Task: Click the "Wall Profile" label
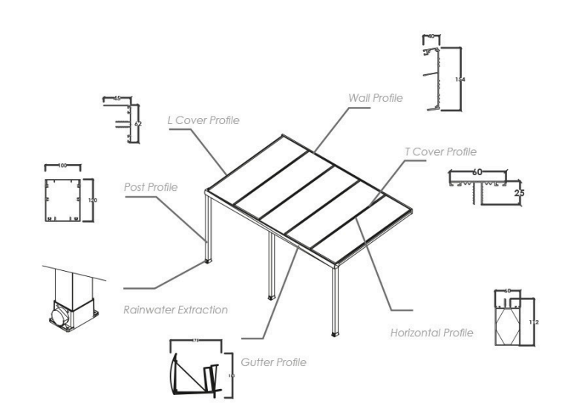tap(376, 97)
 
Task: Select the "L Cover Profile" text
tap(203, 120)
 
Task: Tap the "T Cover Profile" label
tap(440, 152)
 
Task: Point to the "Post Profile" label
tap(151, 187)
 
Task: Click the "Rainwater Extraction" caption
tap(175, 310)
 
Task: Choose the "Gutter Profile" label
tap(273, 362)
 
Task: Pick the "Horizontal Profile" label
tap(431, 332)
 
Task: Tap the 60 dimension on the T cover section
tap(479, 172)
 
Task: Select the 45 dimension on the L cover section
tap(117, 97)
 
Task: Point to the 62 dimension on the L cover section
tap(138, 124)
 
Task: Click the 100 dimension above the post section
tap(62, 166)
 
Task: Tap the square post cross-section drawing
tap(62, 200)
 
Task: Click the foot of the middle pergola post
tap(272, 297)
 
